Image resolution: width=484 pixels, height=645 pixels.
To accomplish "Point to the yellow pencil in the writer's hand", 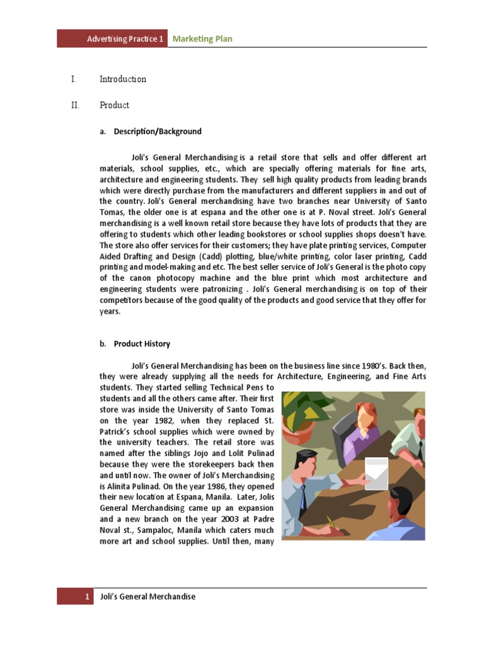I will pos(331,522).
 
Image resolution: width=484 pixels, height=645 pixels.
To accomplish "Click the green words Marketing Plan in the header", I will pos(202,39).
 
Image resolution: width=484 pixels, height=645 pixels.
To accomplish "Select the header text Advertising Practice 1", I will pos(125,39).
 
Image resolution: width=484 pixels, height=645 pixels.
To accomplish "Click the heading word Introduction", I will pos(123,79).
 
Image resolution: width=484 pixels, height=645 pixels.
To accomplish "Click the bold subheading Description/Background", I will pos(158,132).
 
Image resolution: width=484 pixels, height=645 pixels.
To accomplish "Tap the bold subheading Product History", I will pos(142,344).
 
